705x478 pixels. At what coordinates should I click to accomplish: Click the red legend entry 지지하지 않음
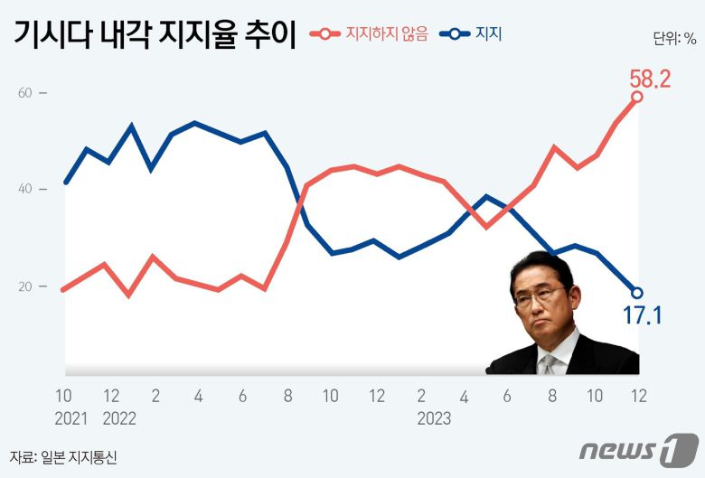(386, 34)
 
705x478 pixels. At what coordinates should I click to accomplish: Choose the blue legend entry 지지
(488, 34)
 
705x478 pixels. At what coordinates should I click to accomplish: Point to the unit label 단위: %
(674, 38)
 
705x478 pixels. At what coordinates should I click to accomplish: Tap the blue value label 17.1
(644, 315)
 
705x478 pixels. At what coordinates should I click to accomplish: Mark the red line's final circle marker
(636, 97)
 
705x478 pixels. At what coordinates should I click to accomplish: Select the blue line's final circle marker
(636, 293)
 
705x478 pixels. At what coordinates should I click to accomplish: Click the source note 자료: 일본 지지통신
(63, 458)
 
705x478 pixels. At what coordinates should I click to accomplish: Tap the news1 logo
(639, 449)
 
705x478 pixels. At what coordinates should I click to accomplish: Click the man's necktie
(549, 364)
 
